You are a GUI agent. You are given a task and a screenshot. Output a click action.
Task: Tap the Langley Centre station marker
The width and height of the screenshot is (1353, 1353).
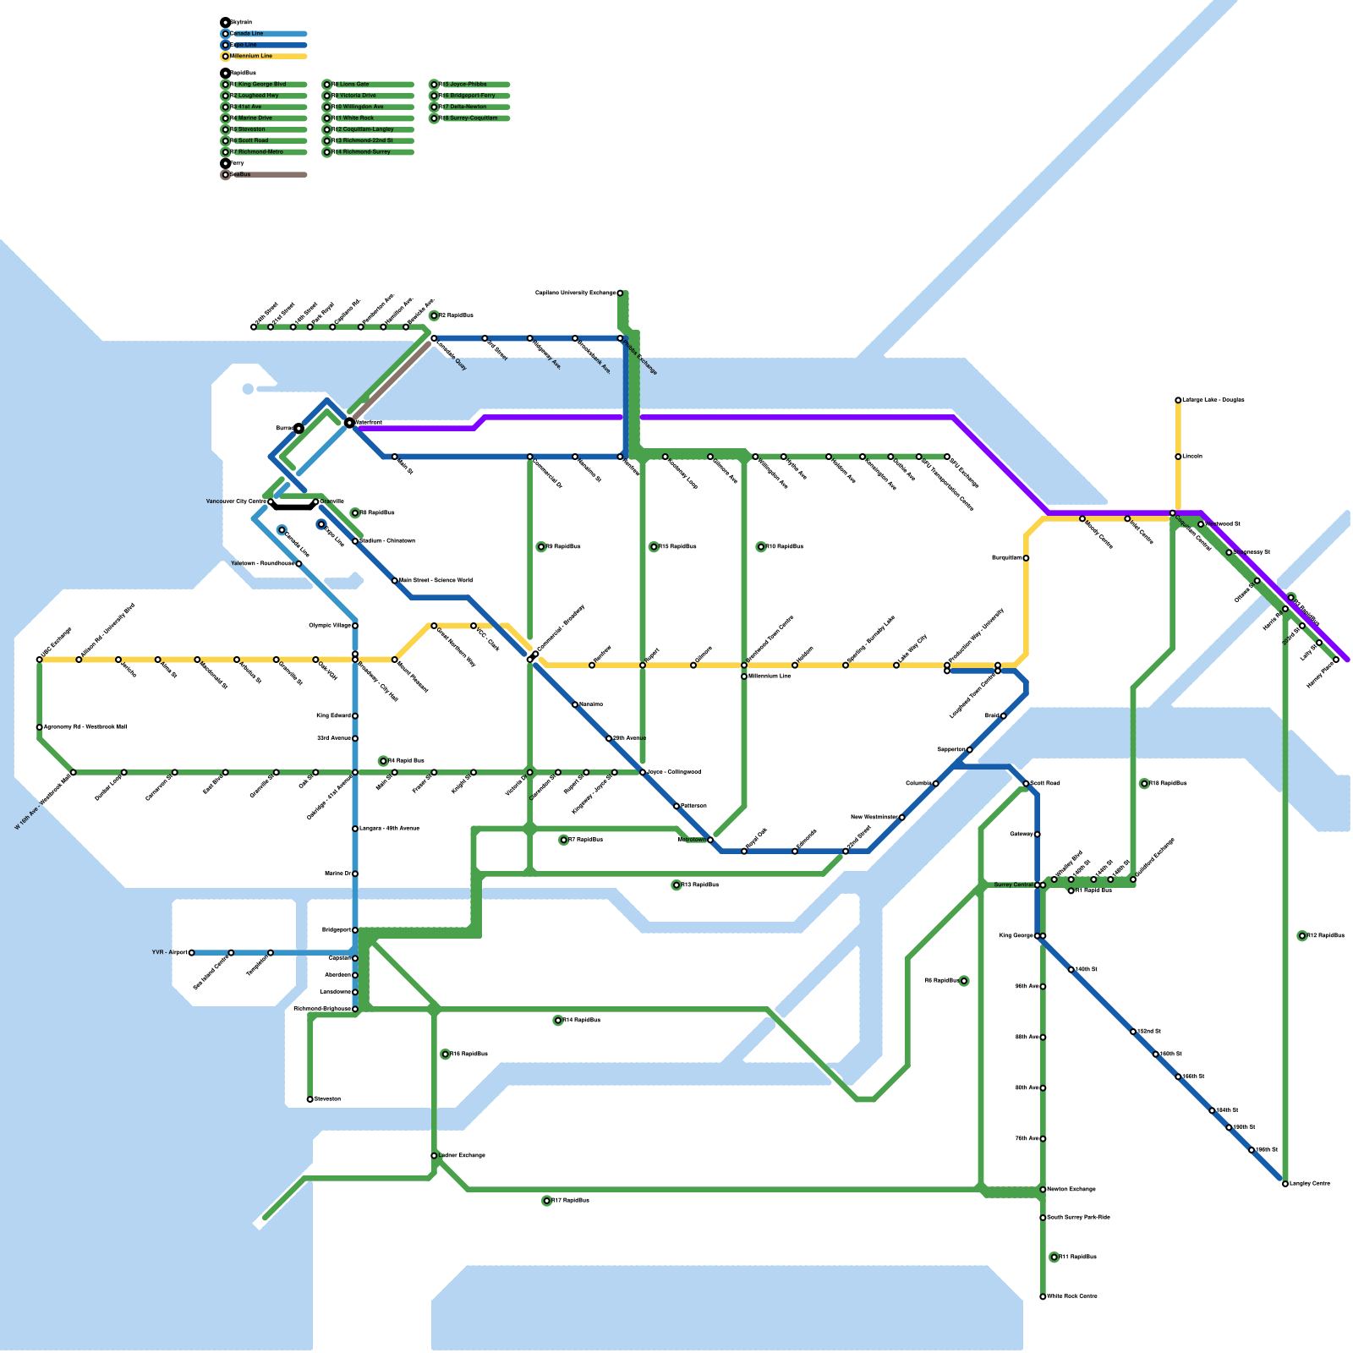(x=1285, y=1184)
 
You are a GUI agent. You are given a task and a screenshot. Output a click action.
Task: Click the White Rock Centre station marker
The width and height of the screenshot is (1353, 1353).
(x=1043, y=1296)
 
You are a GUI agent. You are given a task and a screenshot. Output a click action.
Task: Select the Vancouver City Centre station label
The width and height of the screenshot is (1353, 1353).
(x=236, y=501)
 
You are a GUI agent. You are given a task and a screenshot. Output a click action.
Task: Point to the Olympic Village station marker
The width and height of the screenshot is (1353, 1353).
(x=355, y=626)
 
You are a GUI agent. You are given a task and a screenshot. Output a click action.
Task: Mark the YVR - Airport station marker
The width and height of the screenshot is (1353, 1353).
(x=192, y=952)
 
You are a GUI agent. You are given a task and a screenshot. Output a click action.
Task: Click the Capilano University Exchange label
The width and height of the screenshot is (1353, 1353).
(x=575, y=293)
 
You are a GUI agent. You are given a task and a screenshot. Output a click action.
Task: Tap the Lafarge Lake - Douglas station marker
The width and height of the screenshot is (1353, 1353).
(x=1178, y=400)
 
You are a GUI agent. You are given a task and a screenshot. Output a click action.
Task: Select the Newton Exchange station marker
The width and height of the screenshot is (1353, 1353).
(x=1043, y=1190)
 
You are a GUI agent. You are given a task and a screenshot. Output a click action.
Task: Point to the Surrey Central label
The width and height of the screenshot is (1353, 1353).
(x=1013, y=885)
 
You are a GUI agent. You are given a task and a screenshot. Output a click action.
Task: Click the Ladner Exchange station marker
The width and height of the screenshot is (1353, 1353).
(x=434, y=1155)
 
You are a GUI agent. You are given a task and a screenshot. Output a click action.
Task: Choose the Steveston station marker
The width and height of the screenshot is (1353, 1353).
(x=310, y=1099)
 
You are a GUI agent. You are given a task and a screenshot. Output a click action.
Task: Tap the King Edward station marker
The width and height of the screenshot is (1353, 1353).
(x=355, y=716)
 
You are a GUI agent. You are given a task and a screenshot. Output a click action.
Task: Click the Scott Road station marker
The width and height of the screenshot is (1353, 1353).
(x=1026, y=784)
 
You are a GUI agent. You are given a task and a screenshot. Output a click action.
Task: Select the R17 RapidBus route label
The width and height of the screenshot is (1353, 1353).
(x=570, y=1201)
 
